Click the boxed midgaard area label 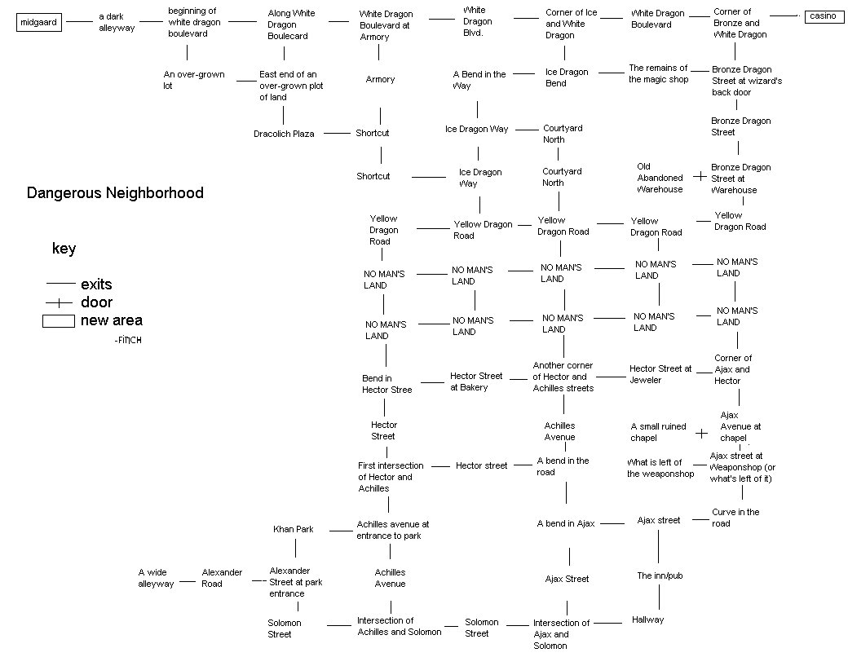38,23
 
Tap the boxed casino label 823,16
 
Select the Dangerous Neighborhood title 115,193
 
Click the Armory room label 380,79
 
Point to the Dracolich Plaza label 284,134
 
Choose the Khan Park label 294,529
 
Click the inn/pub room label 660,575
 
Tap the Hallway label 647,620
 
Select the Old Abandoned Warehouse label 660,178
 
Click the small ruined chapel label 659,432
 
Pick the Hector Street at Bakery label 476,381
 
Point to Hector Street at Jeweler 660,374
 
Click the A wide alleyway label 156,578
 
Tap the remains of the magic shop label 658,73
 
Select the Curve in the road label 735,518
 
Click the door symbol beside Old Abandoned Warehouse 699,176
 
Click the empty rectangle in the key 58,321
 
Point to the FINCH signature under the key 128,339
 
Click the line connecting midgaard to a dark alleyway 79,23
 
